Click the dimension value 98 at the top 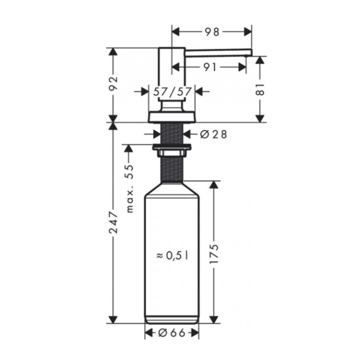[212, 31]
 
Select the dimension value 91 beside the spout [210, 67]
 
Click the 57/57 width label [172, 91]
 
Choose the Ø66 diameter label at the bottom [172, 332]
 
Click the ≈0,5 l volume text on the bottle [172, 255]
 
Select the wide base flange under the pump [172, 117]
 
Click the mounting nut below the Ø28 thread [172, 149]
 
